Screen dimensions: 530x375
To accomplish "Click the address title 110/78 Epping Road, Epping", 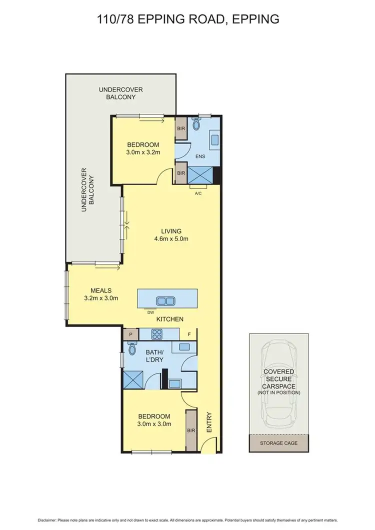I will point(187,19).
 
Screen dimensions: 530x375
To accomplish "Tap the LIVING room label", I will point(171,230).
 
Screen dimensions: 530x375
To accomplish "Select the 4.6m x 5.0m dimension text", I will point(171,238).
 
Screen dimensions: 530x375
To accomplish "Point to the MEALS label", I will point(100,290).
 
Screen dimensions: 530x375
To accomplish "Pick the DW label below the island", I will point(149,312).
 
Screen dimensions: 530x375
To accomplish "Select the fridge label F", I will point(189,334).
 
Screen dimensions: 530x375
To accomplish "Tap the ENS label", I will point(201,155).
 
